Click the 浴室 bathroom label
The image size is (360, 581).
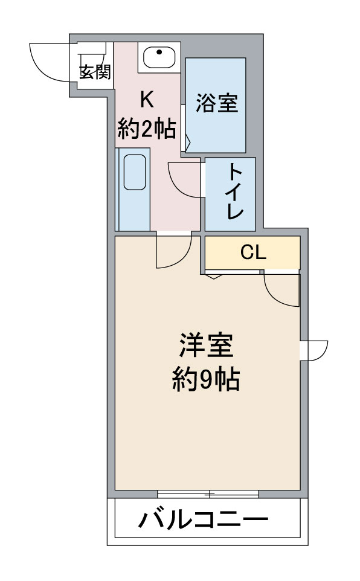[x=216, y=103]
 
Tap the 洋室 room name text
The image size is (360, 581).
[x=206, y=345]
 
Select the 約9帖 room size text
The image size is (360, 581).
[x=206, y=379]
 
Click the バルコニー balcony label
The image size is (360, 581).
[x=204, y=520]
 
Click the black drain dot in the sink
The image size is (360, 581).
[x=159, y=52]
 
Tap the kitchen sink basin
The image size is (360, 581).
[x=159, y=58]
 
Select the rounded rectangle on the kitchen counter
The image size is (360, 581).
[x=135, y=172]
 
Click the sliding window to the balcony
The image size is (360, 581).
[x=208, y=493]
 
